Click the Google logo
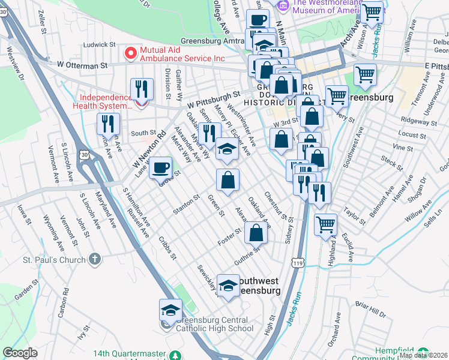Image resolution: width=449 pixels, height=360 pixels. pos(20,353)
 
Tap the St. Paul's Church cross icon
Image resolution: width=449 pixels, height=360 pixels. pos(94,259)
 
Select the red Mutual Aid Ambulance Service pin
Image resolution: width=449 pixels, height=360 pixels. pos(130,53)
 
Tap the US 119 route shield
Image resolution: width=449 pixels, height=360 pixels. pos(297,263)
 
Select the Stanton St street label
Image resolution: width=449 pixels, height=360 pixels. pos(185,204)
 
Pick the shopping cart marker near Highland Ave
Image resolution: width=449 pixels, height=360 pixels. pos(325,225)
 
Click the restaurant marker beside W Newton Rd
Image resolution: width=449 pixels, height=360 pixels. pos(108,124)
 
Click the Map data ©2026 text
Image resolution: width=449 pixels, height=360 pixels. pos(423,355)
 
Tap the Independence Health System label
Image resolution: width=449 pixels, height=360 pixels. pos(105,102)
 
